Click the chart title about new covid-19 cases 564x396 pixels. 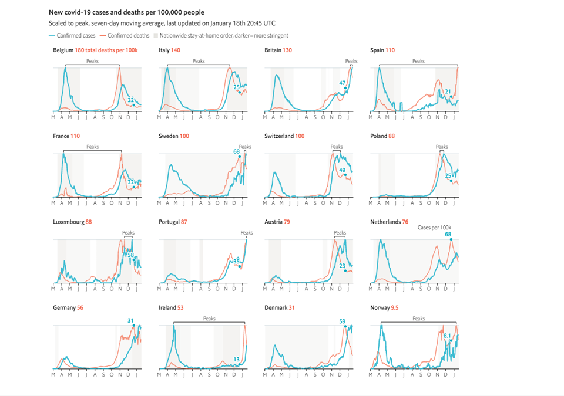tap(126, 12)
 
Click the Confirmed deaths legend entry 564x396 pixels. tap(128, 36)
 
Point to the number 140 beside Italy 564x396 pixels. tap(176, 50)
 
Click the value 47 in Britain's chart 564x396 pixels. tap(342, 83)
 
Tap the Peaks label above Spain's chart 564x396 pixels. tap(418, 61)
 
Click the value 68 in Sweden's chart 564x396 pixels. tap(236, 151)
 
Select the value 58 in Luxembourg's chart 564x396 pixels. tap(130, 255)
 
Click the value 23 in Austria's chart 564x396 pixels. tap(343, 265)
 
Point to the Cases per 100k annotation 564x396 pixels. tap(434, 228)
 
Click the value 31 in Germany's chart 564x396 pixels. tap(131, 320)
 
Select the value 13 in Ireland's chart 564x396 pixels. tap(236, 359)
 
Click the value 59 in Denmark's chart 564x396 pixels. tap(342, 321)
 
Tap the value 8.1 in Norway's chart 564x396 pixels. tap(447, 336)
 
